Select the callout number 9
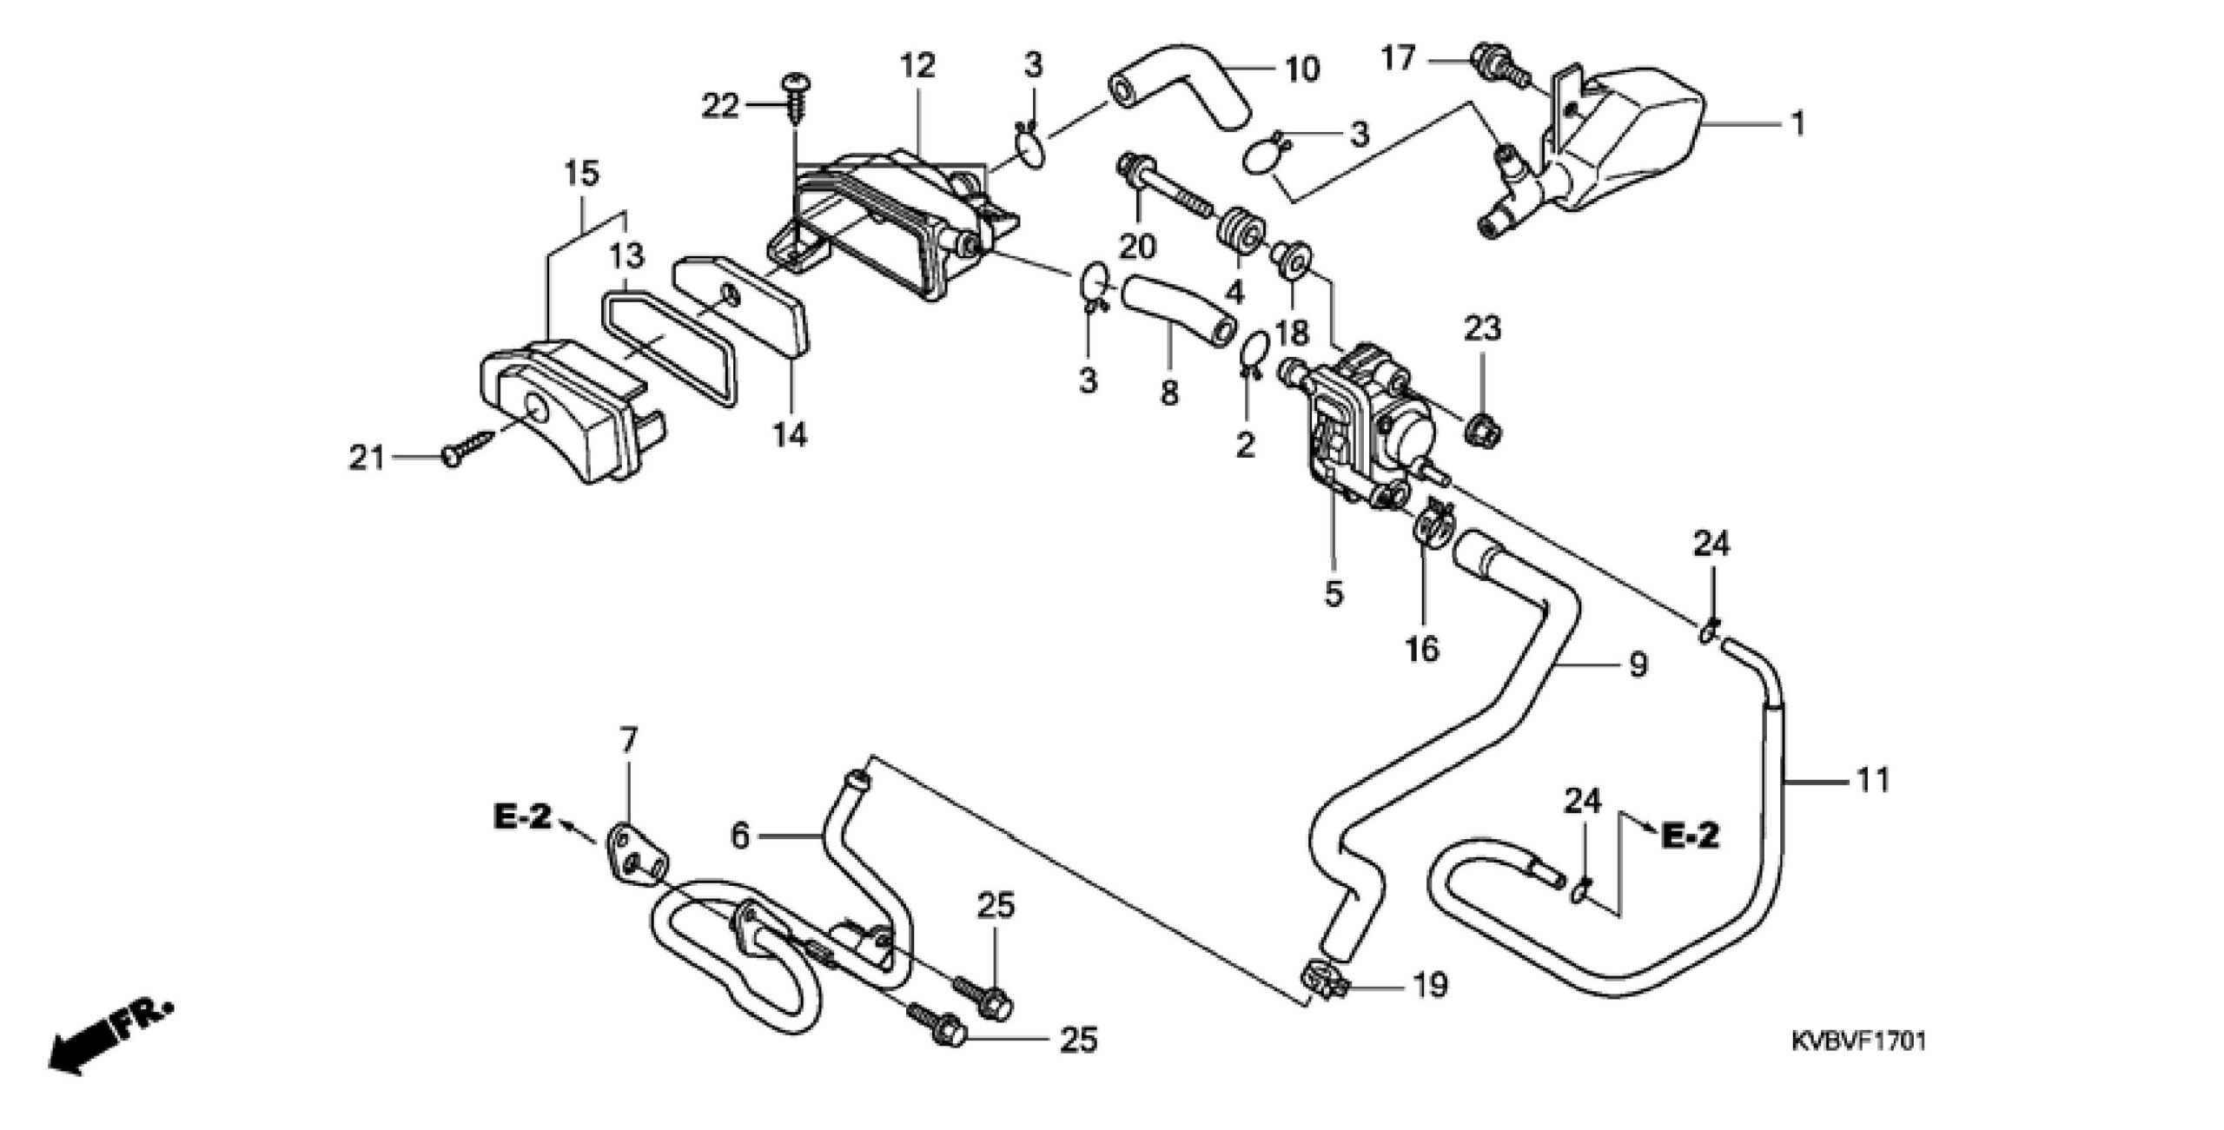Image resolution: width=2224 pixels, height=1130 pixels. [1637, 665]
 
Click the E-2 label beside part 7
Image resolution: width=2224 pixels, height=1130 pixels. [524, 818]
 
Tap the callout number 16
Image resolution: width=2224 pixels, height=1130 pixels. [1423, 648]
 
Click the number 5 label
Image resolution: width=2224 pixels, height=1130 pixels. [1334, 594]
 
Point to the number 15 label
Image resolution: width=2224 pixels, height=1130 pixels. [581, 174]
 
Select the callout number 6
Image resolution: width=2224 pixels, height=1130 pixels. [740, 836]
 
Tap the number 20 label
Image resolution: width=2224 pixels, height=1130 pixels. [1136, 247]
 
